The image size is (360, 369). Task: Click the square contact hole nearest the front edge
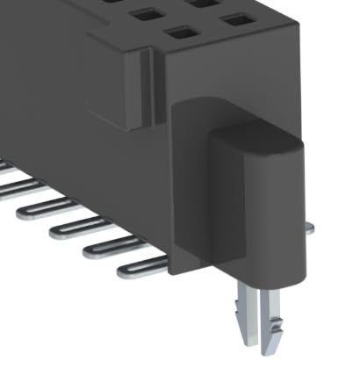(183, 33)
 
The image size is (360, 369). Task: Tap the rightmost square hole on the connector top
(235, 18)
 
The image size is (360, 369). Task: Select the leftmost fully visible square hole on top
(142, 15)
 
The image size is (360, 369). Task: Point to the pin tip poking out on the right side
(309, 228)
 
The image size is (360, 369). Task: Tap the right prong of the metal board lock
(275, 312)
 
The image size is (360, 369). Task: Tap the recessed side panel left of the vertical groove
(114, 83)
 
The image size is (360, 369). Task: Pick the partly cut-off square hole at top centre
(204, 4)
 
